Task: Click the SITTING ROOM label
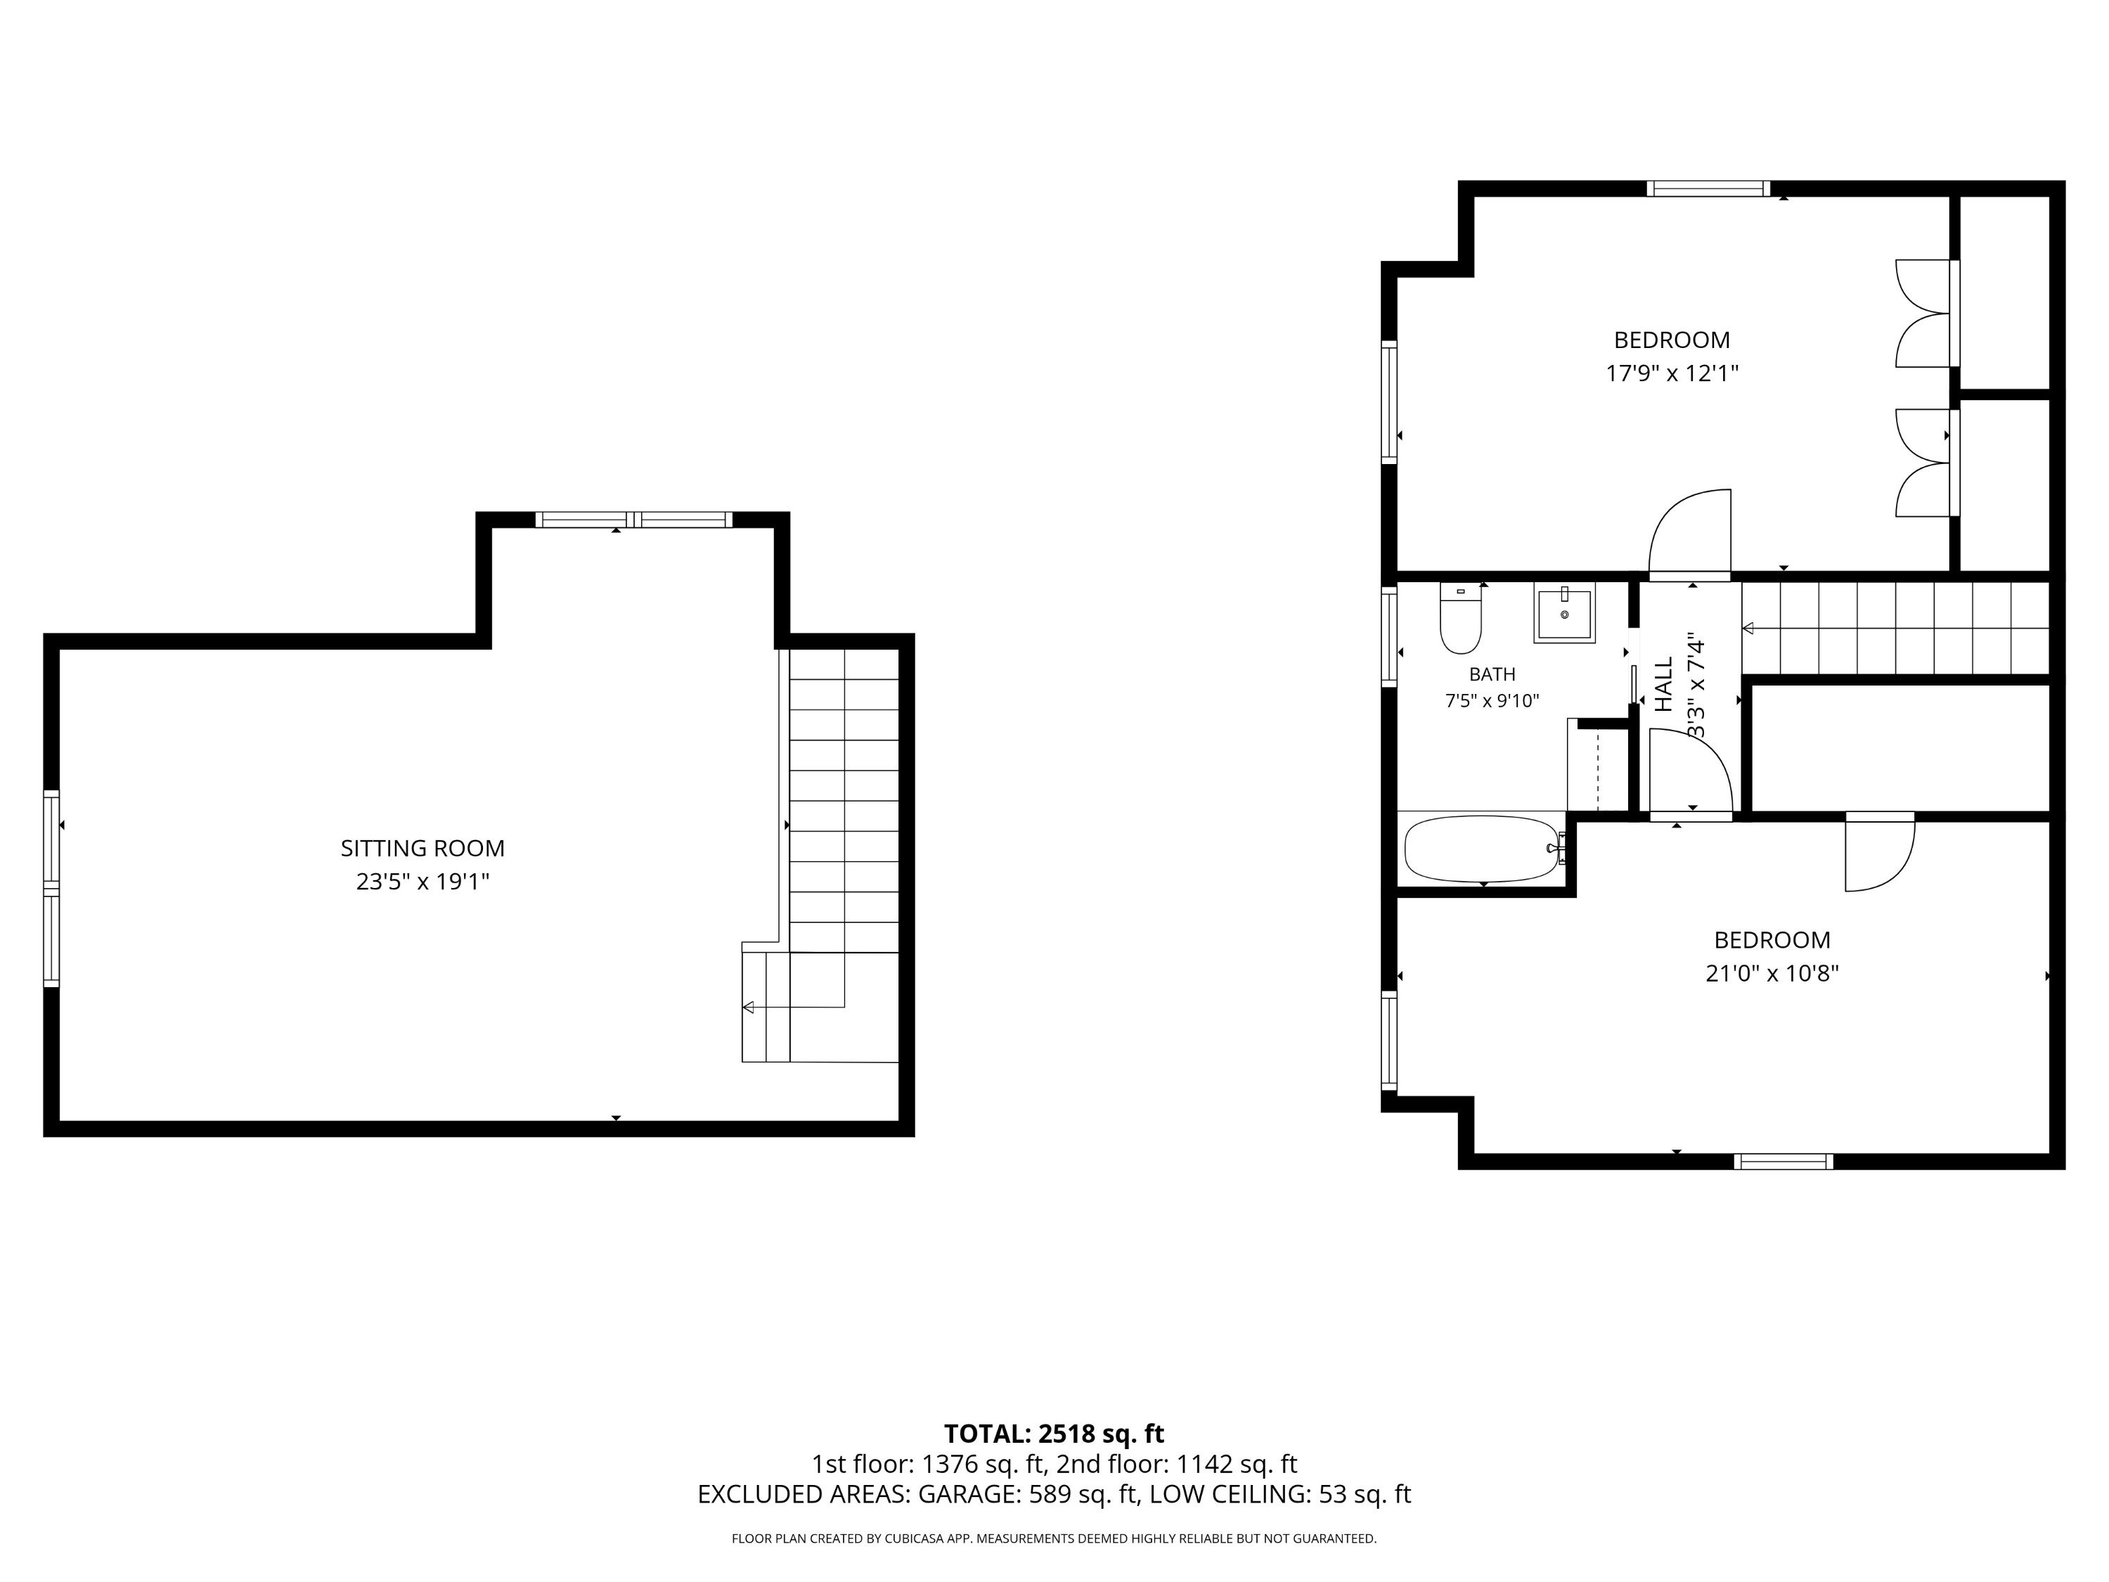[423, 848]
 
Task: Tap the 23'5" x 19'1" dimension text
[423, 881]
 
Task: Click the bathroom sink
[1563, 616]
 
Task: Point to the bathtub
[1483, 849]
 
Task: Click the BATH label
[1492, 674]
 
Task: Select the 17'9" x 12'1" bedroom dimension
[1672, 373]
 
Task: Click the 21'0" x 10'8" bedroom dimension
[1772, 974]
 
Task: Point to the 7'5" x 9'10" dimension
[1492, 701]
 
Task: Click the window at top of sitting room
[634, 520]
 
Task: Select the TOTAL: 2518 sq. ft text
[1054, 1434]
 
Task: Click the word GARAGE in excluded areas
[967, 1494]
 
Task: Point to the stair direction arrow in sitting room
[793, 1007]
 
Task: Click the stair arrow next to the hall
[1895, 629]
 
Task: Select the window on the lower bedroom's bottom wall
[1783, 1162]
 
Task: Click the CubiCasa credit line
[1054, 1538]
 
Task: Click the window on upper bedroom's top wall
[1708, 189]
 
